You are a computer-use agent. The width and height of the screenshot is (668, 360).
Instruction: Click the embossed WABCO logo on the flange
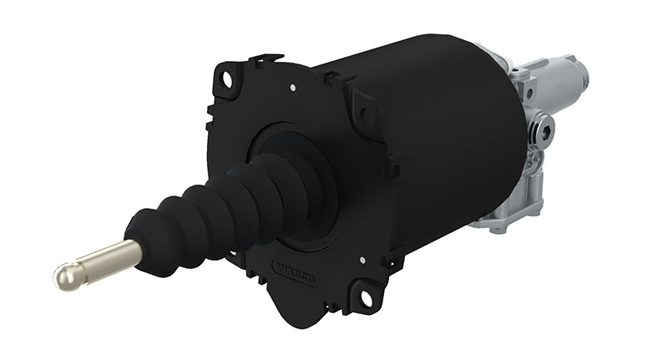click(x=293, y=271)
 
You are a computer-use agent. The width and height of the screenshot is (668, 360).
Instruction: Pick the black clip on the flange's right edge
click(x=392, y=167)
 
